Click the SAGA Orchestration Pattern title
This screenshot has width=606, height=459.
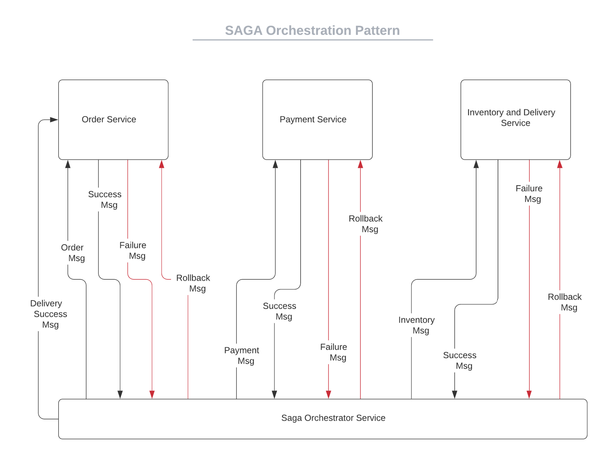pos(312,30)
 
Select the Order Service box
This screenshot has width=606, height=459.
pos(113,120)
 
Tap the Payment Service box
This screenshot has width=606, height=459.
pos(317,120)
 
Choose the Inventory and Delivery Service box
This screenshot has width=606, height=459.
pos(515,120)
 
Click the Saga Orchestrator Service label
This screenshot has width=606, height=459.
pos(333,418)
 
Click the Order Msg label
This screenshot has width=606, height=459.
pos(73,253)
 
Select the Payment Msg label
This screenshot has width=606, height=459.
pos(242,355)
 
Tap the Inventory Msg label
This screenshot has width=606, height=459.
pos(417,325)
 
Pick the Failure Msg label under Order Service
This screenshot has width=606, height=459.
pos(133,250)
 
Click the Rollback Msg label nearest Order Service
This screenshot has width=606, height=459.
pos(194,283)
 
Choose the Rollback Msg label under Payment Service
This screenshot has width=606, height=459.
pos(366,224)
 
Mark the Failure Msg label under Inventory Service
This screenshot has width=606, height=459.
pos(529,194)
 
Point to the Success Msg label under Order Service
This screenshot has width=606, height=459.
pos(105,199)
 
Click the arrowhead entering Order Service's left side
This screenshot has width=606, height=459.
pos(54,120)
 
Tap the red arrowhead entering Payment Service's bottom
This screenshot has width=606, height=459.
pos(360,164)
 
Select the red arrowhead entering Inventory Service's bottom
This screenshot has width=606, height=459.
pos(560,164)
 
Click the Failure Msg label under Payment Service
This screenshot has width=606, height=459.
pos(334,352)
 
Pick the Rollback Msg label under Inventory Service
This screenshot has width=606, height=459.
pos(565,302)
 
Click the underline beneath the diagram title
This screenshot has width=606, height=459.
pos(312,40)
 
